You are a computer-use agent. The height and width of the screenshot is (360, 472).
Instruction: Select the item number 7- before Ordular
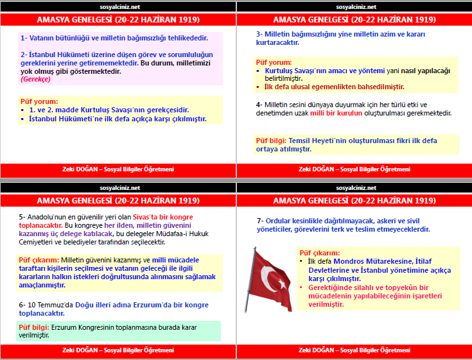click(x=259, y=220)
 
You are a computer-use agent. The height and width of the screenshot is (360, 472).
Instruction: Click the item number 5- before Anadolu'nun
click(x=22, y=217)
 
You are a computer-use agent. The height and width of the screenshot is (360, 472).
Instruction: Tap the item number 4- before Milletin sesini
click(x=258, y=105)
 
